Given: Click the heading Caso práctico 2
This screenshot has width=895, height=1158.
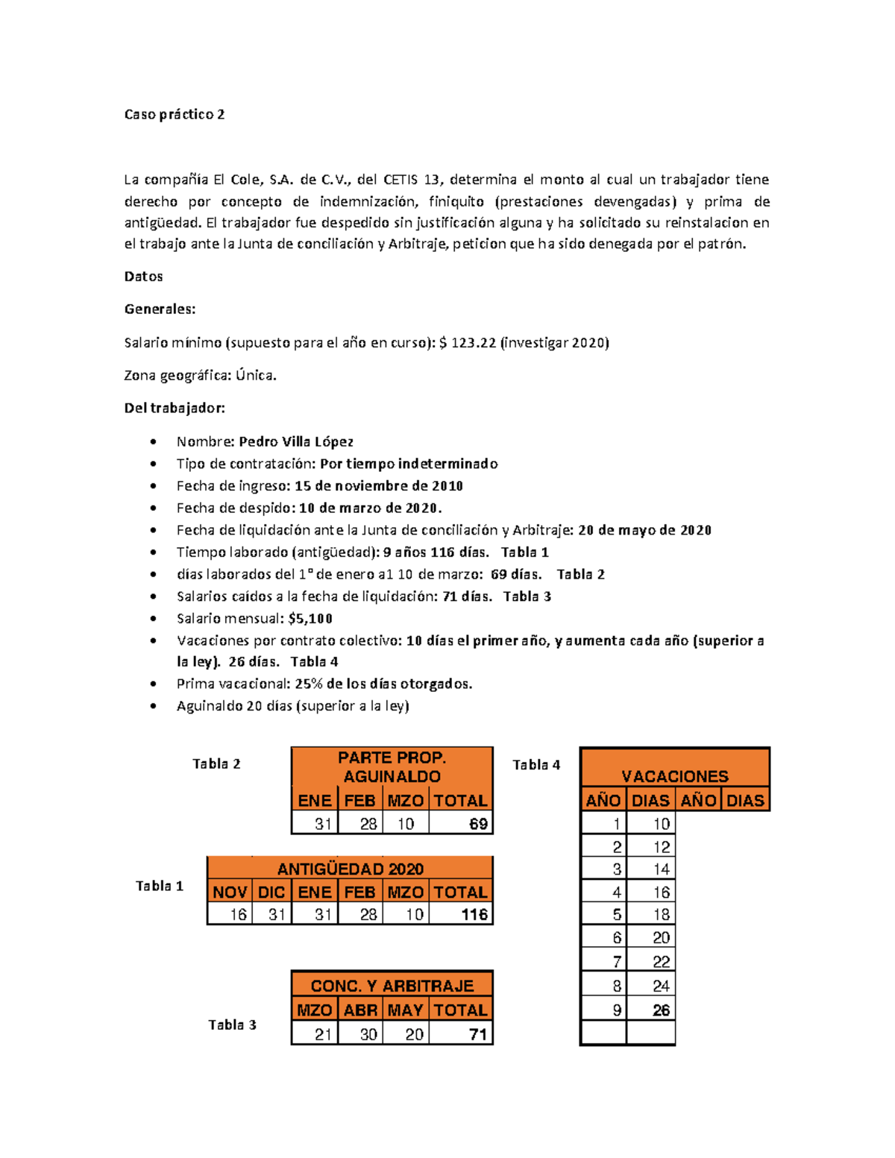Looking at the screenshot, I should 174,114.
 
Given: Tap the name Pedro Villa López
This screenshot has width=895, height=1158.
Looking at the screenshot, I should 296,441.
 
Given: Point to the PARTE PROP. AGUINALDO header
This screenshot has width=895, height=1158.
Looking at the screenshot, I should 392,767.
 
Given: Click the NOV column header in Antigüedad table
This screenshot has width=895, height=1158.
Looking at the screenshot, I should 230,892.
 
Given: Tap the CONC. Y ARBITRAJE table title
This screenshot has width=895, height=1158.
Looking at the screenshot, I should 392,986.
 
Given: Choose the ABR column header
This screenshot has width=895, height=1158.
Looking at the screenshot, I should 360,1010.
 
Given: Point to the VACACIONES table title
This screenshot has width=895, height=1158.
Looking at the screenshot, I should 674,775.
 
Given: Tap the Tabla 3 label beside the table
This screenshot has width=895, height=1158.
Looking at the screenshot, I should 232,1025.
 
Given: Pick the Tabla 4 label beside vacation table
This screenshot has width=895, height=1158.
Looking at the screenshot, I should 536,764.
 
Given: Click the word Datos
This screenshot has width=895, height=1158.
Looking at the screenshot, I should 143,276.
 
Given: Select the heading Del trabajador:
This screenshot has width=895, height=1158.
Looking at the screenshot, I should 174,408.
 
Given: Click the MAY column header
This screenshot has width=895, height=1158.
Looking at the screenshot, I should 406,1010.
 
